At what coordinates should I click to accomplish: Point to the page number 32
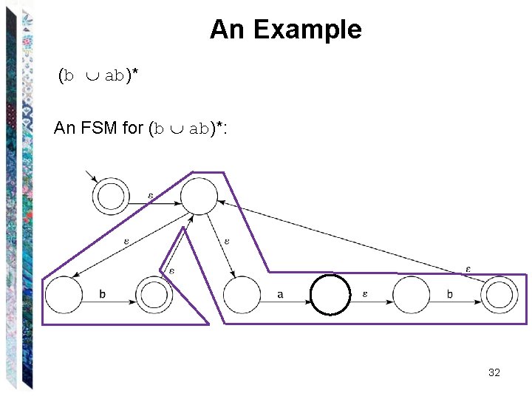pyautogui.click(x=494, y=372)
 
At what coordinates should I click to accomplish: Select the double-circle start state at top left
pyautogui.click(x=111, y=197)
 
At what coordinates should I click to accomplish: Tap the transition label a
pyautogui.click(x=280, y=295)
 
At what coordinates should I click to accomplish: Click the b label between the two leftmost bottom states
pyautogui.click(x=102, y=295)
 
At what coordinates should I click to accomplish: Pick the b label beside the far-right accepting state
pyautogui.click(x=450, y=295)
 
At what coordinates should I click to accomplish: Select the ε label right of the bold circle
pyautogui.click(x=366, y=294)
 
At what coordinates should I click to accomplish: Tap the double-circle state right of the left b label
pyautogui.click(x=154, y=295)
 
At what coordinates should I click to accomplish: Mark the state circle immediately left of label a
pyautogui.click(x=242, y=295)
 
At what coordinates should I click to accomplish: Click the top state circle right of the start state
pyautogui.click(x=199, y=197)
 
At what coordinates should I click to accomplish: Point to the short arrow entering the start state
pyautogui.click(x=92, y=177)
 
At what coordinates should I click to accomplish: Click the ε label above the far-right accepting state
pyautogui.click(x=468, y=268)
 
